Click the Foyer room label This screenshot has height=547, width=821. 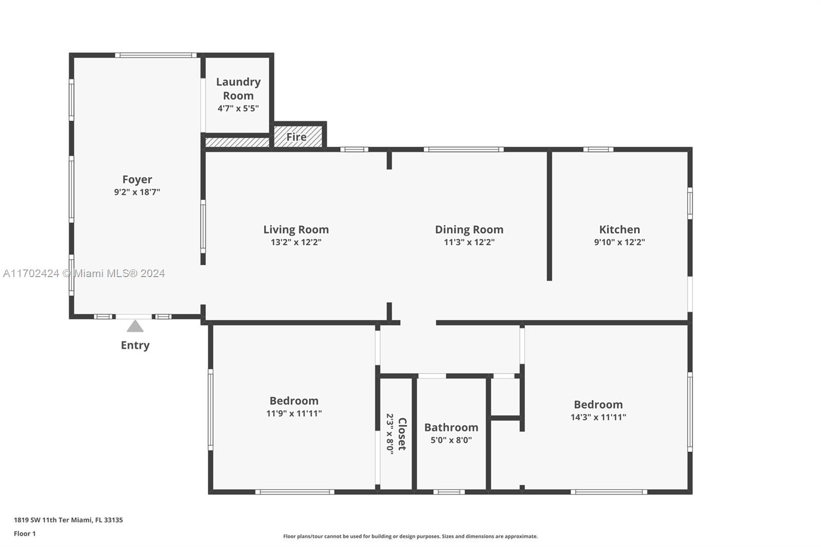click(137, 179)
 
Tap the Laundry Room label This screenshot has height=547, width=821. click(238, 89)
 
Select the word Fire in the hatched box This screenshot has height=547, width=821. click(297, 136)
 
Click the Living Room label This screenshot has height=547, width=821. click(296, 229)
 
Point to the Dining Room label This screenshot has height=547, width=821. click(469, 229)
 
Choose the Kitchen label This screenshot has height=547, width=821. click(619, 229)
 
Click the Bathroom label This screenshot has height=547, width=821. click(451, 427)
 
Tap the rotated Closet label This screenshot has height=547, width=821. click(402, 434)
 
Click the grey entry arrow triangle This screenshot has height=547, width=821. click(135, 326)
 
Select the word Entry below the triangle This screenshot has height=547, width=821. click(135, 345)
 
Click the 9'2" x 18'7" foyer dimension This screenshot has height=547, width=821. click(137, 192)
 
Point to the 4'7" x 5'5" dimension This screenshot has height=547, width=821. click(238, 108)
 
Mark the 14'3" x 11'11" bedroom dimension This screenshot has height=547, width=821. click(598, 417)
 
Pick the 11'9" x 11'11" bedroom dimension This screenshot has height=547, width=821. click(294, 414)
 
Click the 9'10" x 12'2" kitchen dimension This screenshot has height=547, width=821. click(619, 242)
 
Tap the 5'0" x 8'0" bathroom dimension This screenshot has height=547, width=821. click(451, 440)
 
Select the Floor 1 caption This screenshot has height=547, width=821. click(25, 534)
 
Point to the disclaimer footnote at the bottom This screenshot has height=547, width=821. click(411, 536)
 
